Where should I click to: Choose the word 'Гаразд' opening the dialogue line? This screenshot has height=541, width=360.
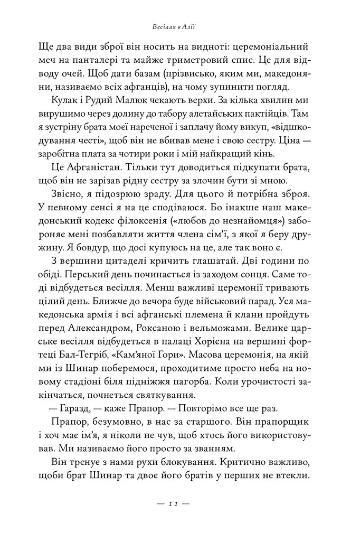click(73, 417)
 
